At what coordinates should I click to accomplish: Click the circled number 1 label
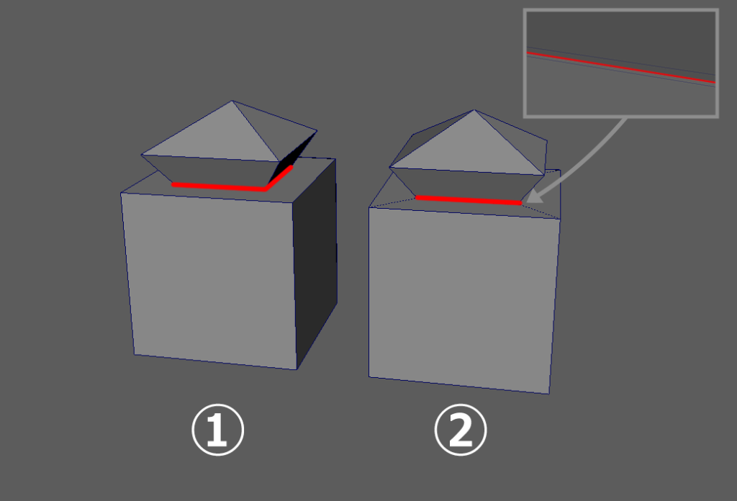click(217, 430)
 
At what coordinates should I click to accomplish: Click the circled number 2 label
click(461, 430)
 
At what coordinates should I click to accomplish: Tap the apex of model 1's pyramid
click(232, 101)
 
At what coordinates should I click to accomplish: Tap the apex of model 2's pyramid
click(474, 110)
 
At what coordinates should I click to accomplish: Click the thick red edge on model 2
click(469, 201)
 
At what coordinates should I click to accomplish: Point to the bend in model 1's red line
click(266, 189)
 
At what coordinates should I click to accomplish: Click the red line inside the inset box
click(621, 68)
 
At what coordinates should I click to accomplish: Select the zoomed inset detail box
click(621, 63)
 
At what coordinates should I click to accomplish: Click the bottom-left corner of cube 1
click(135, 355)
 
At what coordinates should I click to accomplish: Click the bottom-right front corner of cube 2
click(549, 394)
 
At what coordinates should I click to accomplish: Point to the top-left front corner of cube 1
click(121, 193)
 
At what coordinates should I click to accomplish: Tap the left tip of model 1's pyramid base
click(142, 155)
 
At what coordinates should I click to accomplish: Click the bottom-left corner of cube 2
click(369, 376)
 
